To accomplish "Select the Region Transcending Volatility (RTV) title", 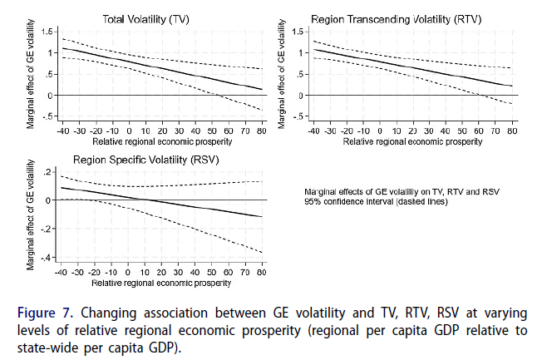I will click(x=396, y=18).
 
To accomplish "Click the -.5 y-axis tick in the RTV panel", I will click(x=298, y=116).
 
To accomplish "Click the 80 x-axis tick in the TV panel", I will click(x=260, y=131).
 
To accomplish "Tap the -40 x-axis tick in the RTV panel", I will click(x=313, y=131).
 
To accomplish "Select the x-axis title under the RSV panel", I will click(x=160, y=283).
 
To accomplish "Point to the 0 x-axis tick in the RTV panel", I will click(x=379, y=131).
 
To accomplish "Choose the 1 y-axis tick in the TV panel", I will click(x=51, y=52).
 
